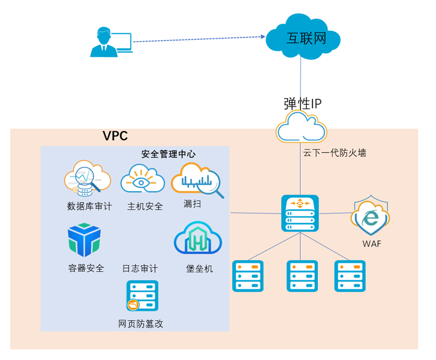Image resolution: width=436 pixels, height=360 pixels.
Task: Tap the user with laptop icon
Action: [111, 42]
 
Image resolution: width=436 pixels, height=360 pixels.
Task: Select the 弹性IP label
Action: [302, 103]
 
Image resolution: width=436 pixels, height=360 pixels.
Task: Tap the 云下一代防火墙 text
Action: [334, 153]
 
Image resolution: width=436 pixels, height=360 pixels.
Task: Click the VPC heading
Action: [115, 136]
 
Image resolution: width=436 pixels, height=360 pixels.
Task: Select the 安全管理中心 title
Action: [168, 154]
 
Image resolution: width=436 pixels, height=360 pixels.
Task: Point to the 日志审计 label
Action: [140, 269]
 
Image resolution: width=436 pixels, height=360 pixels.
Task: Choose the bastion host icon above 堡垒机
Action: [197, 239]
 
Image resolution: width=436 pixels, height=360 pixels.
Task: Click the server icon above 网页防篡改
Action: [142, 296]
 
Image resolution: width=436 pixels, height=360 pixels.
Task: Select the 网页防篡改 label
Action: [141, 324]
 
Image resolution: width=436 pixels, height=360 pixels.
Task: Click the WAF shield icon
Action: [371, 217]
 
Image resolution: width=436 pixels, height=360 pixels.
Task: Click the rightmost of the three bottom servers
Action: [350, 276]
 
